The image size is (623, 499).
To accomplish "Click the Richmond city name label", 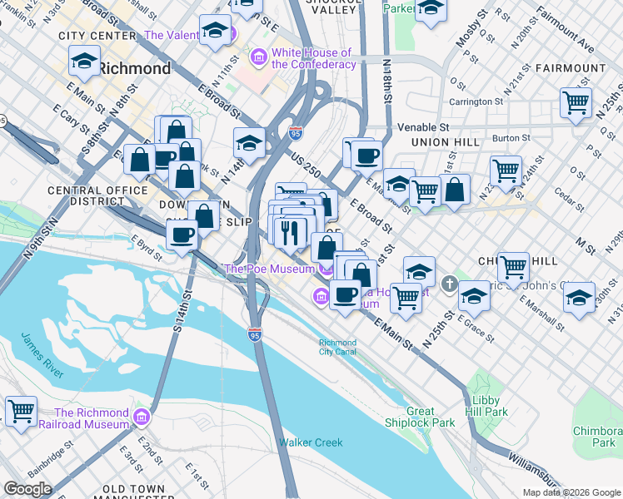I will click(x=135, y=68).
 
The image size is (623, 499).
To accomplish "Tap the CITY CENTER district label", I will click(x=97, y=36).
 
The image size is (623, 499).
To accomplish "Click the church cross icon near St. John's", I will click(x=449, y=284).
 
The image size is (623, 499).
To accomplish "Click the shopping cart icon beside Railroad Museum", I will click(x=21, y=411).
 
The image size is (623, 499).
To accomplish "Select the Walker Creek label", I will click(x=311, y=442).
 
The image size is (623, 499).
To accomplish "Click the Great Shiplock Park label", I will click(x=431, y=417).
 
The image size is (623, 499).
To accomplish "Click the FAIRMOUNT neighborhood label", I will click(x=571, y=67).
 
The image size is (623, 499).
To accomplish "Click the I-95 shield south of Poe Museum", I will click(x=254, y=334).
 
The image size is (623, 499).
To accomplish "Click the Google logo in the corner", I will click(x=27, y=488).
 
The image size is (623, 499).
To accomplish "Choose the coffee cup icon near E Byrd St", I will click(x=182, y=234).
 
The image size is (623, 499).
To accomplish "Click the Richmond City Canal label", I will click(x=337, y=347).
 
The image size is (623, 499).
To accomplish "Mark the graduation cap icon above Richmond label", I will click(x=84, y=61).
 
